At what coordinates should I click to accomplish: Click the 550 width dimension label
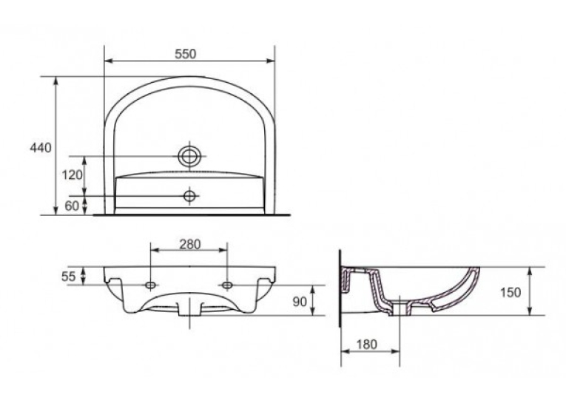(x=186, y=54)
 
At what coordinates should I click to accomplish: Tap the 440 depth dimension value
(x=41, y=148)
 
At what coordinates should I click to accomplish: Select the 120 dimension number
(x=73, y=175)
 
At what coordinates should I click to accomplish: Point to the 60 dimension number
(x=72, y=206)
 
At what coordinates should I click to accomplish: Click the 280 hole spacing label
(x=190, y=244)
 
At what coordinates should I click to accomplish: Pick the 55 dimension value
(x=69, y=277)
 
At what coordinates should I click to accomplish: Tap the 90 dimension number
(x=300, y=301)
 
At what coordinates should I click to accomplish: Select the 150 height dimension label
(x=511, y=292)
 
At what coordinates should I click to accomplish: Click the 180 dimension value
(x=367, y=344)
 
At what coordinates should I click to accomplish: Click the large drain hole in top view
(x=189, y=156)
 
